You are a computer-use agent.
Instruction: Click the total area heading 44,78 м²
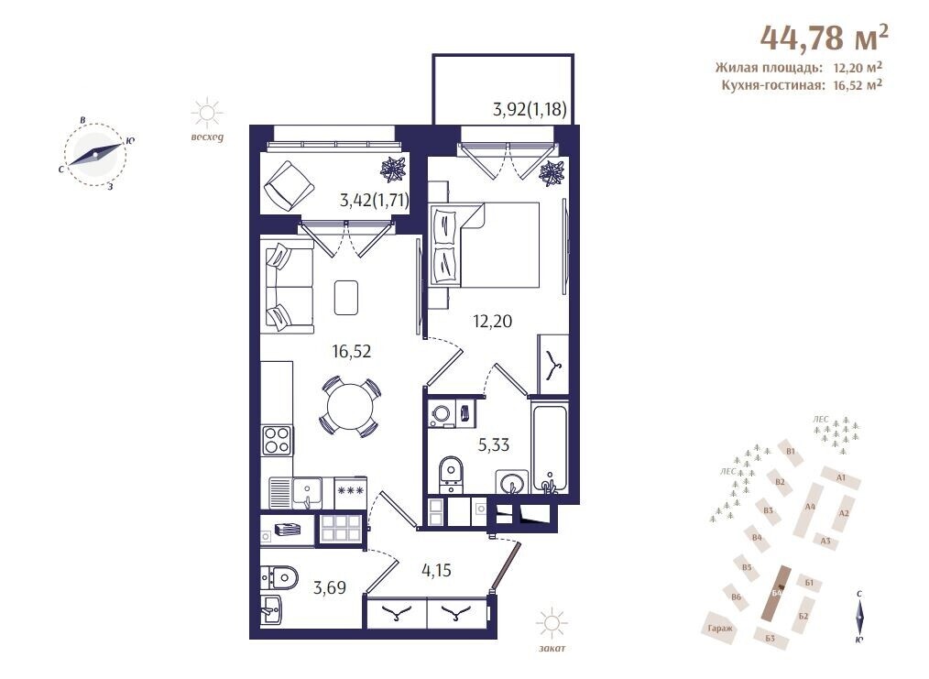click(825, 37)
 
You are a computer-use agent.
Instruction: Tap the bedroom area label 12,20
click(492, 321)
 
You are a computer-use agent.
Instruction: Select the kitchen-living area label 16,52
click(351, 351)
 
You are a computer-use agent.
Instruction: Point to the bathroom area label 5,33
click(494, 444)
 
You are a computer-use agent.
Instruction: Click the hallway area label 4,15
click(436, 570)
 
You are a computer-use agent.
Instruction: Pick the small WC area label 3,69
click(330, 587)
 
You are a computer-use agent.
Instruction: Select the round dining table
click(350, 407)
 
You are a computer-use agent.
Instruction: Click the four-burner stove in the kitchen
click(277, 440)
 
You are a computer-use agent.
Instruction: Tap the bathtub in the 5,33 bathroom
click(551, 446)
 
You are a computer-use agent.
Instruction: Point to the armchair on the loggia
click(289, 187)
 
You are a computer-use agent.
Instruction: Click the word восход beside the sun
click(207, 137)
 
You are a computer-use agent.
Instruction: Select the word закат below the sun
click(552, 648)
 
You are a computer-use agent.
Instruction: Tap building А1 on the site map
click(841, 477)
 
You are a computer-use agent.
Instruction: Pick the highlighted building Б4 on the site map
click(777, 593)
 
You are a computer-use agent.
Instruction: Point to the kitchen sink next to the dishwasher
click(307, 493)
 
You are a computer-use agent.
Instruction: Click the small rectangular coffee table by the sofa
click(346, 298)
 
